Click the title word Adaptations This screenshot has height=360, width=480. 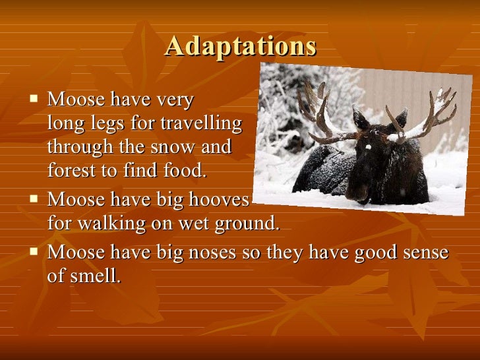241,46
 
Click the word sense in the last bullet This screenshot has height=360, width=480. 425,253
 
